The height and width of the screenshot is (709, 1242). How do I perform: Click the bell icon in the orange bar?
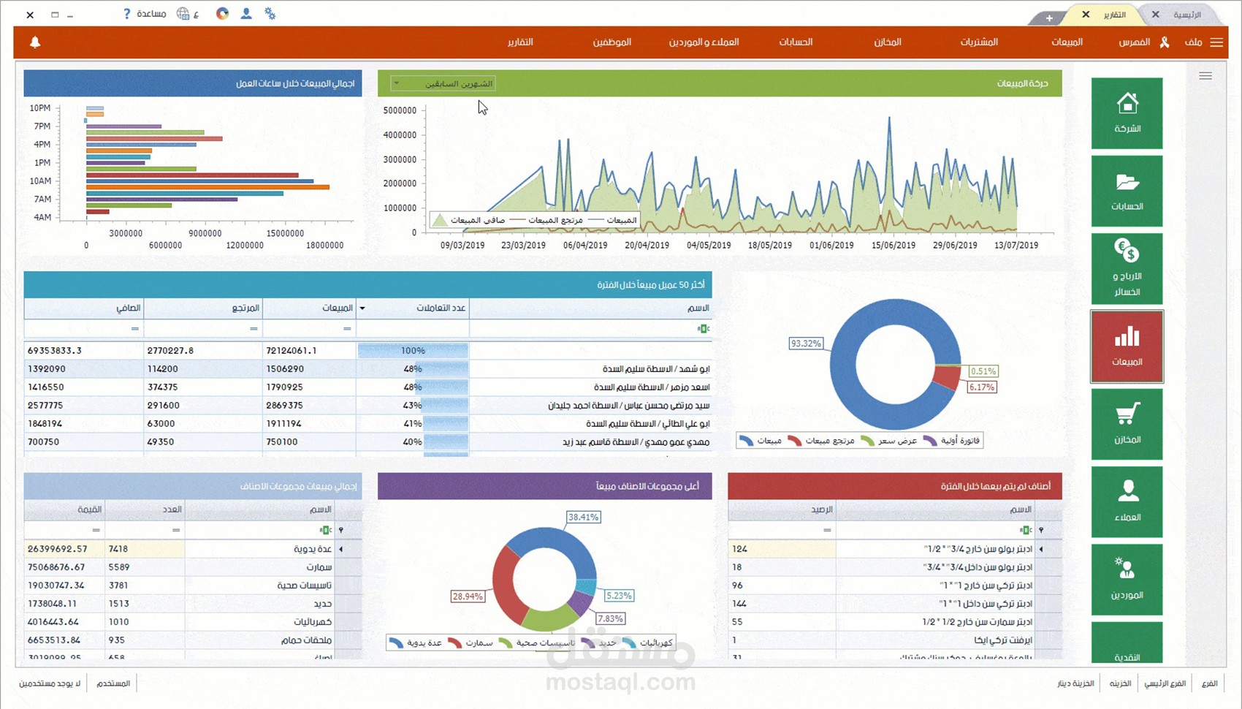pos(35,42)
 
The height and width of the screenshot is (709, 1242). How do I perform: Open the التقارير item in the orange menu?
pos(520,42)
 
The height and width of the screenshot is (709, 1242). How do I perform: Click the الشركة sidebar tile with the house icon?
pos(1127,113)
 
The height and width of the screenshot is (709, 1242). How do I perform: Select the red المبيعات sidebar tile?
pos(1127,346)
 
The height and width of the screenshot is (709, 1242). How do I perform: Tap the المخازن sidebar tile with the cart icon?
pos(1127,424)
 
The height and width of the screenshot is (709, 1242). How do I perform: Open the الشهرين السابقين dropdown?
pos(443,83)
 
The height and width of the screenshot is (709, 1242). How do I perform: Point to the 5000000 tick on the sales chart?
pos(400,110)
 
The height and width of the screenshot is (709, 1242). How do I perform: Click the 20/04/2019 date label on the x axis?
pos(647,246)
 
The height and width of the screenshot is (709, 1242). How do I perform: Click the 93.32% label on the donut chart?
pos(806,344)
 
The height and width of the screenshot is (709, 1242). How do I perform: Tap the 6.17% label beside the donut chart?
pos(981,387)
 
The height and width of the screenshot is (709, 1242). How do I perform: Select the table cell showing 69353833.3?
pos(55,351)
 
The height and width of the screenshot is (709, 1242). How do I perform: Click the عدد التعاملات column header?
pos(441,308)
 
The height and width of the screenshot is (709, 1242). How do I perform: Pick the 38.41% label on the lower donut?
pos(583,517)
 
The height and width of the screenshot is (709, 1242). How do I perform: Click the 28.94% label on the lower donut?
pos(468,596)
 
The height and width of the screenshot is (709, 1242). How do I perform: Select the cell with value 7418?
pos(118,549)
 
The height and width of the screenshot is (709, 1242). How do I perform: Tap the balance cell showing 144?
pos(739,604)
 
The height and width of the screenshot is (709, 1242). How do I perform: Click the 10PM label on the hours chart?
pos(40,108)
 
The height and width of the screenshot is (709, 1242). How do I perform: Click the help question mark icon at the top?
pos(126,14)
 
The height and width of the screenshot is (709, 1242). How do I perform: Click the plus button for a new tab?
pos(1049,18)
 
